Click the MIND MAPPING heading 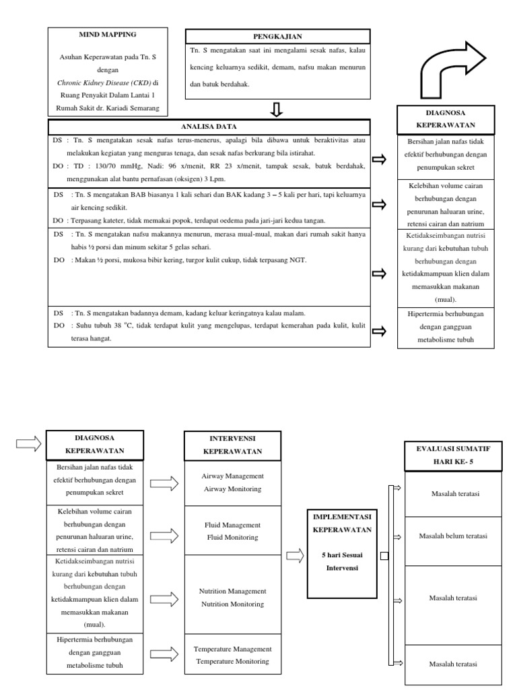(x=108, y=34)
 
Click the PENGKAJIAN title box (x=277, y=36)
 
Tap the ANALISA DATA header (x=209, y=126)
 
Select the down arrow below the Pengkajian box (x=277, y=110)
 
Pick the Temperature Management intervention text (x=232, y=649)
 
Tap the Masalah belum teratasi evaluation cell (x=453, y=536)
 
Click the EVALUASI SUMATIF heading (x=453, y=448)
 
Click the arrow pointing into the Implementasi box (x=294, y=556)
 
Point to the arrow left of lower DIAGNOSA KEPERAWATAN (x=28, y=444)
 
